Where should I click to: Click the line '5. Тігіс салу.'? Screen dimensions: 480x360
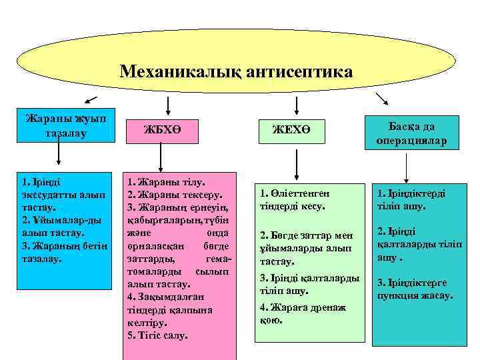click(157, 334)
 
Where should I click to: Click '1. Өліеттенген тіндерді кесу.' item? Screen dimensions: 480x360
click(293, 200)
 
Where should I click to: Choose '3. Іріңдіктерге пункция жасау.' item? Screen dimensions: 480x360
click(415, 288)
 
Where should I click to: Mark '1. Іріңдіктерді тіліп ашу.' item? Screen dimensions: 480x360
click(411, 200)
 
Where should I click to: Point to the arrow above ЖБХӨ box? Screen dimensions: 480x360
click(166, 103)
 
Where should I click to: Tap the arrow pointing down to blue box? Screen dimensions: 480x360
click(59, 155)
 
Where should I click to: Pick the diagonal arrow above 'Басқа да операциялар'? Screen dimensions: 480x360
click(384, 98)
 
